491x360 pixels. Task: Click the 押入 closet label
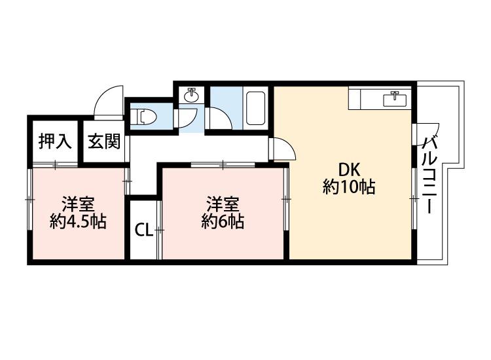(x=55, y=141)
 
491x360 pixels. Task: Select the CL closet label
(x=143, y=230)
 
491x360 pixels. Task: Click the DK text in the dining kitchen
(x=348, y=168)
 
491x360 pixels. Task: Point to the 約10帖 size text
(x=348, y=187)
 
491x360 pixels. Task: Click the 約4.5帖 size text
(x=78, y=221)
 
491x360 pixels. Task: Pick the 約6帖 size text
(x=223, y=221)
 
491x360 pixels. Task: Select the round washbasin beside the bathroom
(x=192, y=96)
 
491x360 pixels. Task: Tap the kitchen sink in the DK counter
(x=395, y=99)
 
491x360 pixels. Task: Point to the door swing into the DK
(x=283, y=149)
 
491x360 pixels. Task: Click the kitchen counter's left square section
(x=361, y=99)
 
